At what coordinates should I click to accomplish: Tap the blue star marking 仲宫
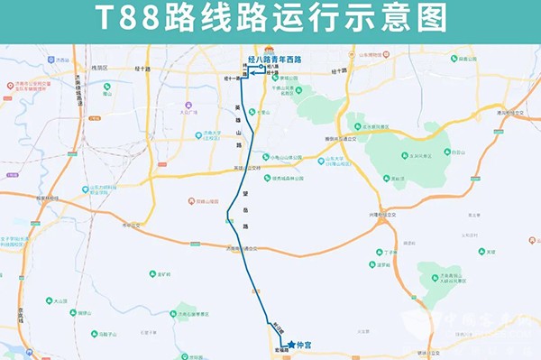(x=291, y=344)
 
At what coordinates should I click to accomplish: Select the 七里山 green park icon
(x=254, y=113)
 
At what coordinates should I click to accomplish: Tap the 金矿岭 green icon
(x=156, y=274)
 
